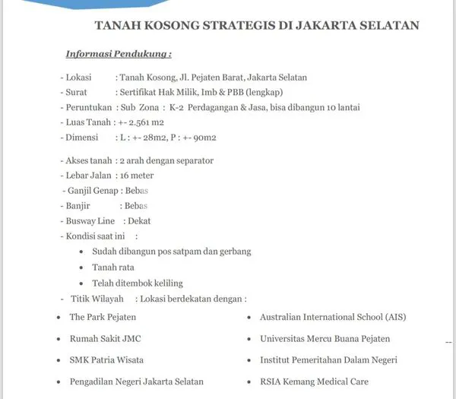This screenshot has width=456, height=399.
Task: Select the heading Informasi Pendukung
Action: pos(118,54)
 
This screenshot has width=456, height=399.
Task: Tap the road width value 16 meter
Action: pos(135,176)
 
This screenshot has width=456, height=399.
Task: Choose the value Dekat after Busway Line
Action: pos(138,220)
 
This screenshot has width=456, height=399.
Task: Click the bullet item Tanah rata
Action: pos(112,267)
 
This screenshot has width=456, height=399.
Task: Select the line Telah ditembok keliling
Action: pos(138,282)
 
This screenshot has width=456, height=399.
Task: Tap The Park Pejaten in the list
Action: pos(103,316)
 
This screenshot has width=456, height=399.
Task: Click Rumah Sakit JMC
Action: pos(104,338)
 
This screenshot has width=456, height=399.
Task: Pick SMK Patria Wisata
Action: pos(106,359)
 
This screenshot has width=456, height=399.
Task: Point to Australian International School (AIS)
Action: pos(333,316)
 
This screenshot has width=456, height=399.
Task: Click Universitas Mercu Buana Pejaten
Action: pos(325,338)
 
